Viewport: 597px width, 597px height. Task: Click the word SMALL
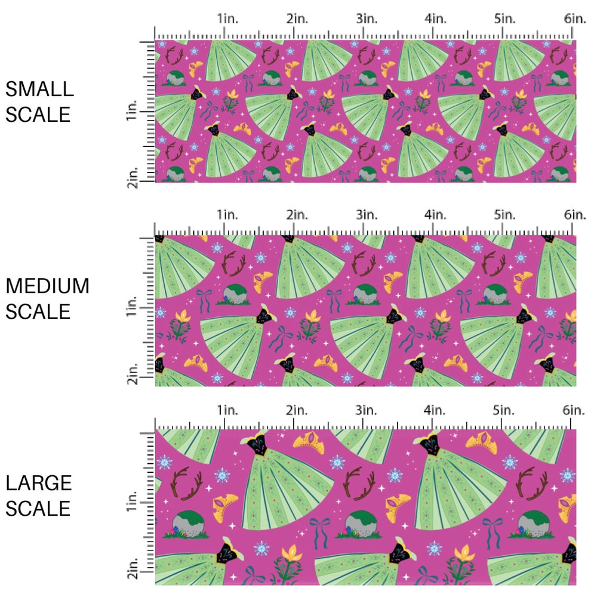(x=39, y=90)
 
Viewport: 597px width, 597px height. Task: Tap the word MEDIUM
(x=47, y=287)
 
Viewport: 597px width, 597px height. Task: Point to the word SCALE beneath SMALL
(x=38, y=114)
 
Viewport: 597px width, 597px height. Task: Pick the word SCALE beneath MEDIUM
(x=38, y=311)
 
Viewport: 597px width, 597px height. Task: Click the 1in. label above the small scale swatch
(x=227, y=19)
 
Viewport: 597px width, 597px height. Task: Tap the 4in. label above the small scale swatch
(x=435, y=19)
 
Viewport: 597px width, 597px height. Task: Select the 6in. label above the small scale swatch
(x=575, y=19)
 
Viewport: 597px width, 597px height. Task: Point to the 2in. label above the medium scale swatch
(x=297, y=214)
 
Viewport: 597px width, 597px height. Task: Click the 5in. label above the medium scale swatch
(x=505, y=214)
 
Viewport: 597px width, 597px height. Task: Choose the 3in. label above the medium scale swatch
(x=366, y=214)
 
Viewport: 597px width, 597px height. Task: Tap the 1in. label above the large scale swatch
(x=227, y=410)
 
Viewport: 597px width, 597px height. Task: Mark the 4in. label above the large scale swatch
(x=435, y=410)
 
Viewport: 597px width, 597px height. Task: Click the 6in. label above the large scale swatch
(x=575, y=410)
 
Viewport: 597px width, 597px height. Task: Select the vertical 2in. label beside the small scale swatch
(x=133, y=177)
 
